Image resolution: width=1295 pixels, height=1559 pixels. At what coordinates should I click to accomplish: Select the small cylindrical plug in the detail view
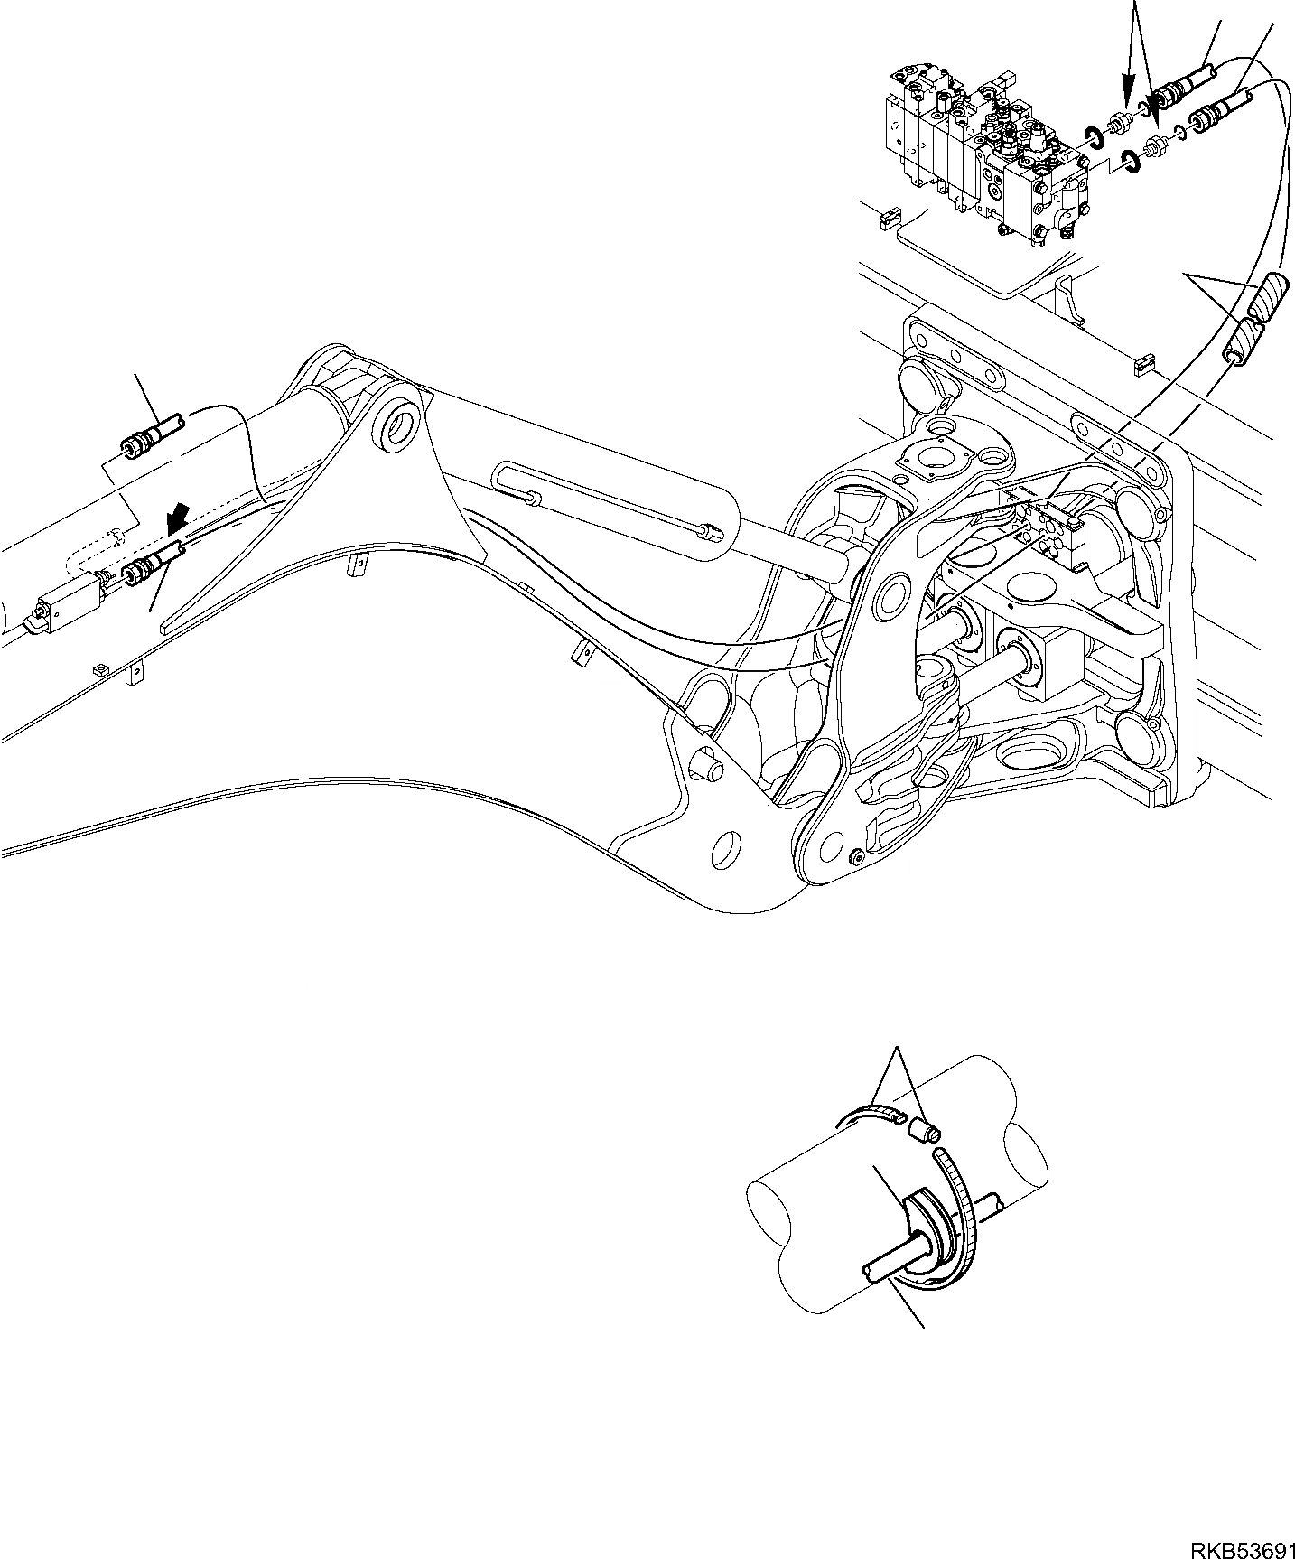(924, 1129)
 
